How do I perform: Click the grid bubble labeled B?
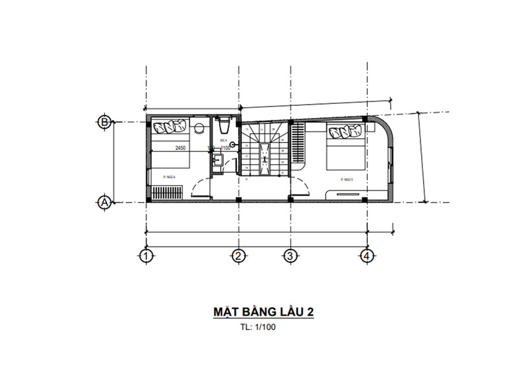pos(103,121)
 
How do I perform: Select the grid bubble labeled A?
pos(103,203)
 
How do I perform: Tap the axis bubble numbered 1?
pos(147,256)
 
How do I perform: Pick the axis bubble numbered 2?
pos(239,256)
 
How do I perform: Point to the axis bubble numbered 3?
pos(290,256)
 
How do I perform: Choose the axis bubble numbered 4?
pos(367,256)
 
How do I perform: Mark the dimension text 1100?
pos(225,148)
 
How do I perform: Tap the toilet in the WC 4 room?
pos(223,123)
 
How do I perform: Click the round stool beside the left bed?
pos(199,126)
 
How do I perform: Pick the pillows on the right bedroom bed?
pos(345,132)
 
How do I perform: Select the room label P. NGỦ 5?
pos(344,179)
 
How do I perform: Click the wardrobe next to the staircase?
pos(298,142)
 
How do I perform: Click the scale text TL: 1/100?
pos(258,327)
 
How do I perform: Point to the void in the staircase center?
pos(265,158)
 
